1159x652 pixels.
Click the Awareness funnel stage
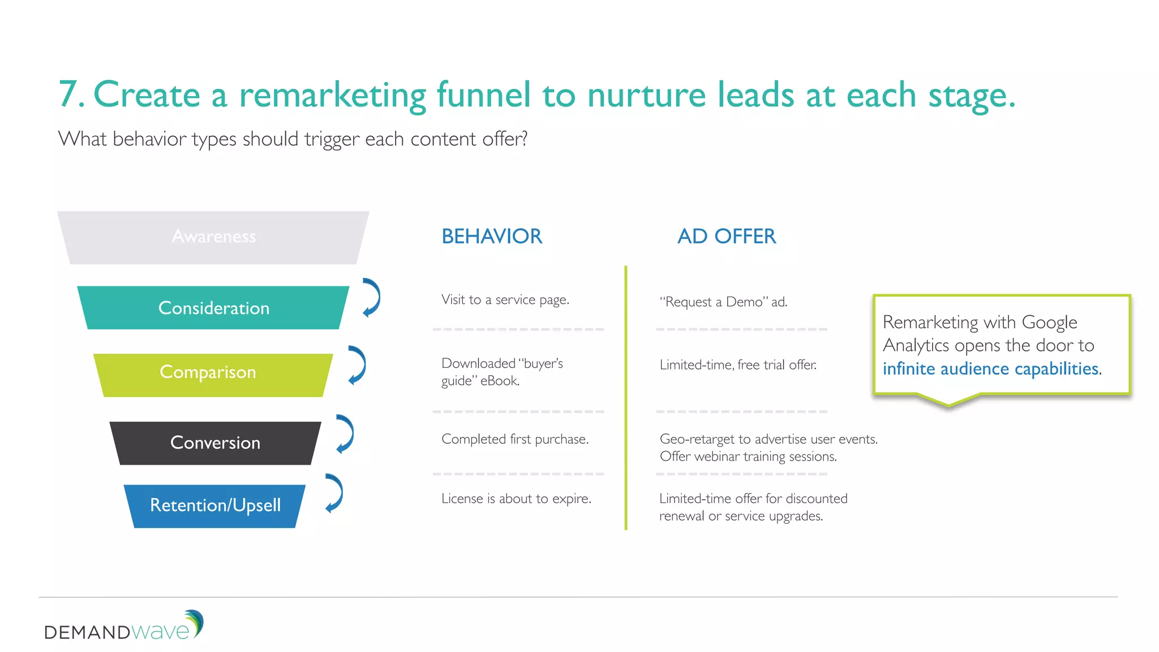(x=213, y=237)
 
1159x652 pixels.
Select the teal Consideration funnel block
(x=213, y=308)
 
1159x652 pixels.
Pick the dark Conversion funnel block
(x=215, y=443)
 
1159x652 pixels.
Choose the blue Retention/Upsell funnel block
(x=215, y=505)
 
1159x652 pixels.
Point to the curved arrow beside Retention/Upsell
(x=334, y=493)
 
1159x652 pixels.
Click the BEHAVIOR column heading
(x=491, y=237)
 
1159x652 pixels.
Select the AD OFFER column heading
(x=727, y=237)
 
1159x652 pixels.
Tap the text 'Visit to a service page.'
(x=505, y=300)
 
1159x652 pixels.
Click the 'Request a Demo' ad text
(x=723, y=302)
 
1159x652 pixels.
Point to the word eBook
(x=500, y=381)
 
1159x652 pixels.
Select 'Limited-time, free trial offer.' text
(x=737, y=365)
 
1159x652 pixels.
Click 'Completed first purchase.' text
(x=514, y=439)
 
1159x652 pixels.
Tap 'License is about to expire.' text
(x=516, y=499)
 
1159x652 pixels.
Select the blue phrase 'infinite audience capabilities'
(x=990, y=369)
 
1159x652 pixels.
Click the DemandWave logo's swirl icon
(x=195, y=623)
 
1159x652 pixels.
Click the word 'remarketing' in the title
(x=332, y=95)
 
